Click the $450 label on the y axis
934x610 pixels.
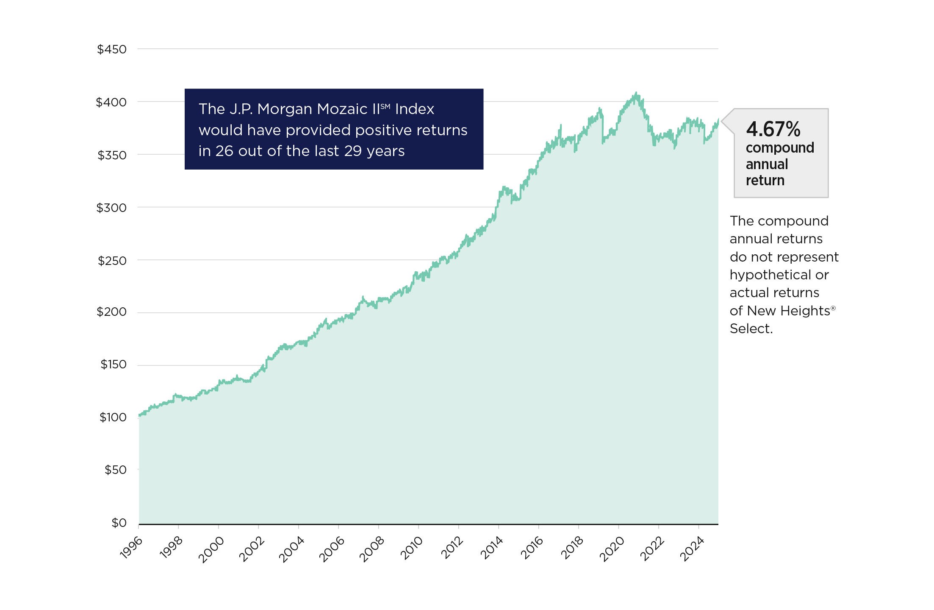(x=112, y=50)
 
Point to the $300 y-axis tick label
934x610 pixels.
(x=111, y=208)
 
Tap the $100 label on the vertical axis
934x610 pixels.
(x=113, y=417)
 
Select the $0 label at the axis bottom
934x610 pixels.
(x=119, y=523)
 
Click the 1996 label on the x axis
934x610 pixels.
(x=131, y=548)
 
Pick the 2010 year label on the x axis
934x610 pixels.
(x=411, y=548)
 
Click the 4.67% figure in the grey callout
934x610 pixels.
(x=773, y=129)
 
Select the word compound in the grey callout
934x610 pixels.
(x=780, y=148)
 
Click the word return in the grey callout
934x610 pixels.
(x=765, y=181)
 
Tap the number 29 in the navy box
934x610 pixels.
(x=353, y=151)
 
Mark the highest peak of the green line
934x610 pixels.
(x=636, y=93)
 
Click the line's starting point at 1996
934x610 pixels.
(x=139, y=416)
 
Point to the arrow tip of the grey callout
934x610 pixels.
(x=721, y=122)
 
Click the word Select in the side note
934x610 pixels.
(x=751, y=329)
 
